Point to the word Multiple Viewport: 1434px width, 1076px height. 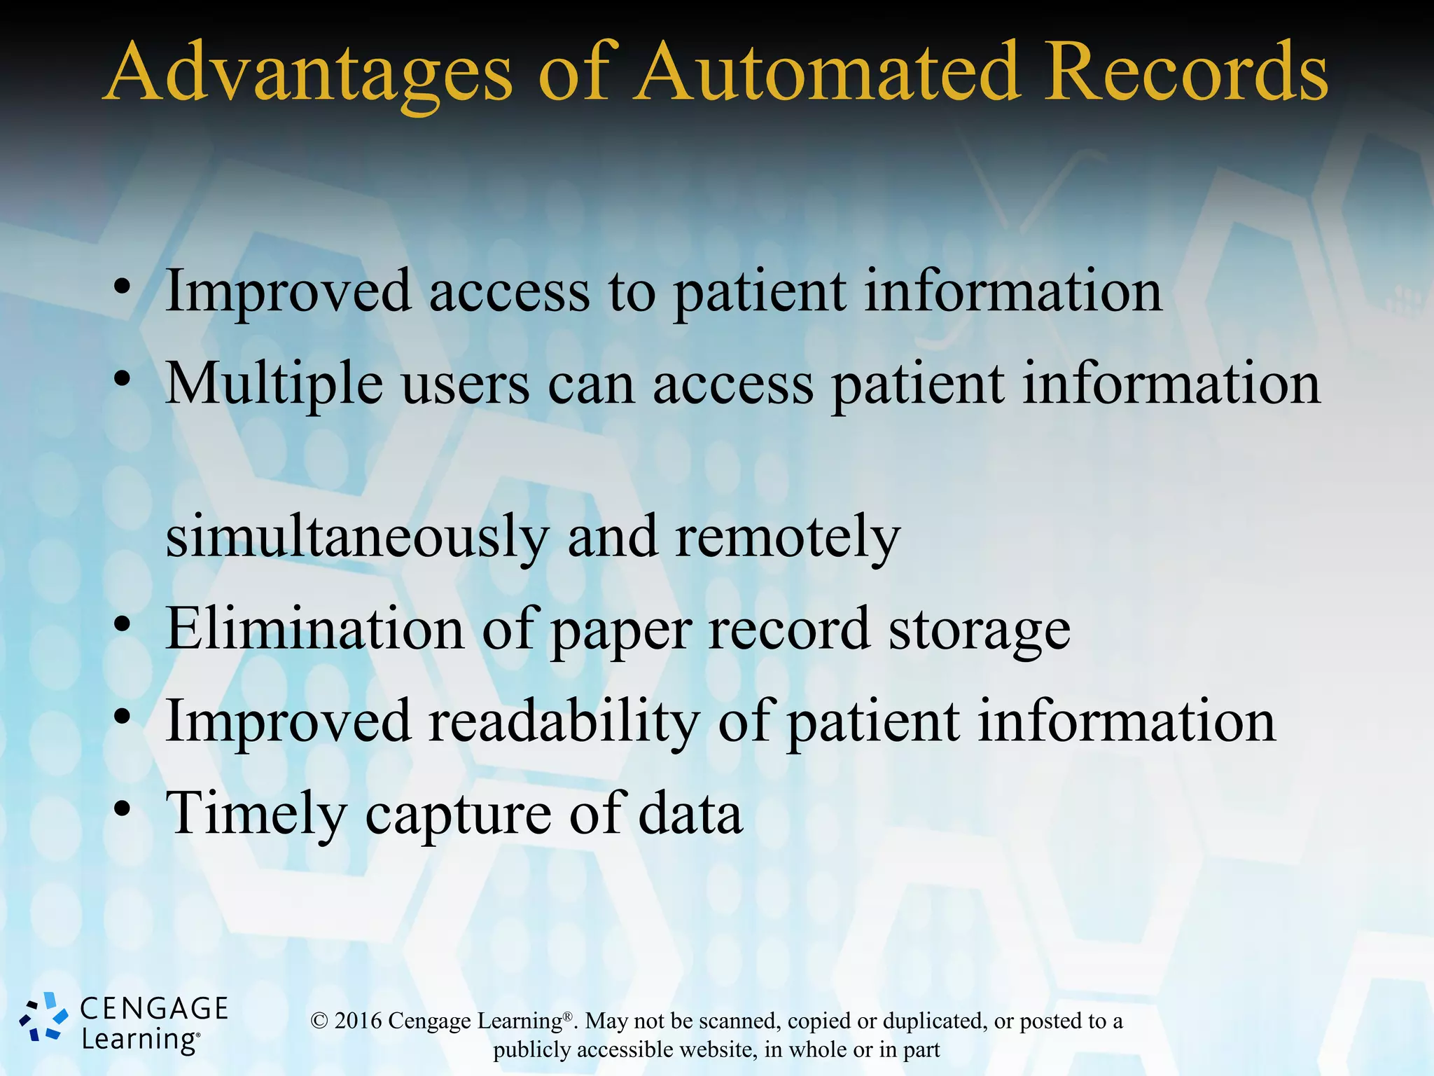click(x=274, y=385)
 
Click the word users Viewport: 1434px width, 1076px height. click(x=466, y=385)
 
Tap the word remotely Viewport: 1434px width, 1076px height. click(x=788, y=537)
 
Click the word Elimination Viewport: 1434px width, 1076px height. click(x=314, y=629)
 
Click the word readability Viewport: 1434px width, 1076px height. click(x=564, y=722)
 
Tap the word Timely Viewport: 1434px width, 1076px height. click(x=256, y=815)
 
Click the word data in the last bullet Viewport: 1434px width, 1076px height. click(x=690, y=813)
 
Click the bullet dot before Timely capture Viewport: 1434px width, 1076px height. click(x=123, y=810)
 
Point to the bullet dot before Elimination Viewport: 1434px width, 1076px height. click(x=123, y=625)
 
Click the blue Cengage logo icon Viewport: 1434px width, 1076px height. click(x=43, y=1017)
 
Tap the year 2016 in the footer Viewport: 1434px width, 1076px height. click(x=358, y=1021)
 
